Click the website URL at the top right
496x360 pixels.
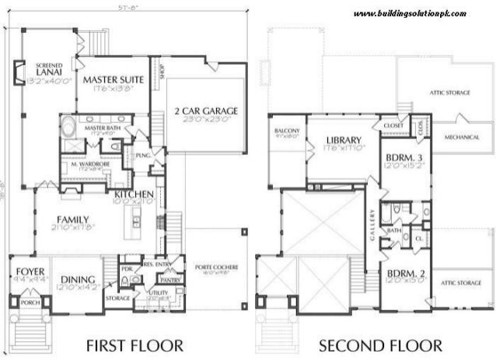click(x=410, y=14)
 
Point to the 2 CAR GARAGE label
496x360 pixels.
click(x=205, y=110)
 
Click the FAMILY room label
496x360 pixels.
click(x=72, y=219)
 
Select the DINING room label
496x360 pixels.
click(x=79, y=280)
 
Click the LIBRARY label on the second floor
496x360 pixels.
click(x=340, y=141)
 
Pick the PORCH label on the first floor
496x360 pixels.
click(x=30, y=302)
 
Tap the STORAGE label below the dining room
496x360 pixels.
click(x=117, y=297)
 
